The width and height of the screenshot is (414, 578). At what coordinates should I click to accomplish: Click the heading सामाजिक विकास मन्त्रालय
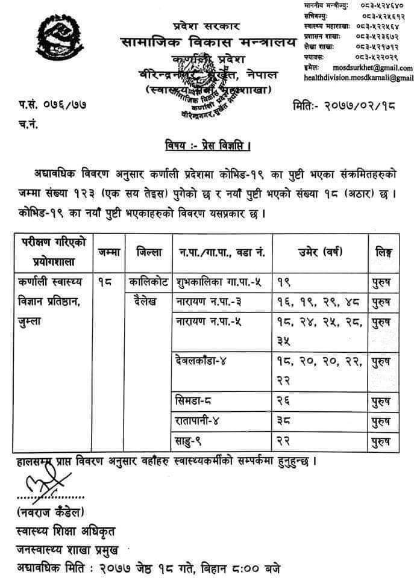(209, 44)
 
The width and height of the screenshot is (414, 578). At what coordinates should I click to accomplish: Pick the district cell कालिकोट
(150, 281)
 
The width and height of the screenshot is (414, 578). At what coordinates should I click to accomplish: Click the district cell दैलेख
(145, 300)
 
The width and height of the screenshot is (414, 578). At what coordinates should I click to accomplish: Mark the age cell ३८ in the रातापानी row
(284, 421)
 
